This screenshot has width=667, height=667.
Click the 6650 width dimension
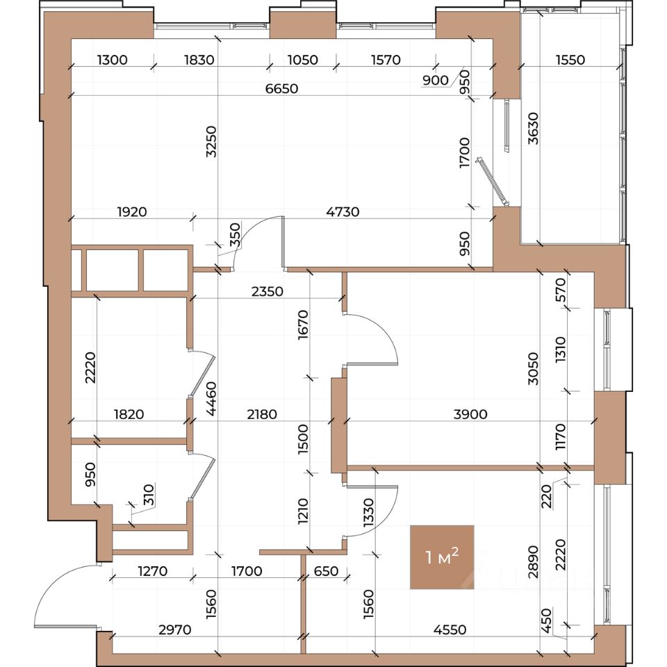pos(281,88)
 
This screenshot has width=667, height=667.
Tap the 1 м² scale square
pos(442,557)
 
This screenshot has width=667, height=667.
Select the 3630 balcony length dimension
pos(533,129)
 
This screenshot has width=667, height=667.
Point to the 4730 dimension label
pos(343,211)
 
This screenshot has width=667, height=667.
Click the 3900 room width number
pos(470,414)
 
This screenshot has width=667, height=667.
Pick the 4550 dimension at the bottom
pos(450,629)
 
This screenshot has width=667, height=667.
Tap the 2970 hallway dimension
pos(175,629)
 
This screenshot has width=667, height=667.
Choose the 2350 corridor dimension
pos(267,291)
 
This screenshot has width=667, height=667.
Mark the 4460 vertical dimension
pos(211,399)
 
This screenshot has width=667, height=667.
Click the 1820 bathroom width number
pos(129,414)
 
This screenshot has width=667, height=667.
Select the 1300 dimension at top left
pos(113,60)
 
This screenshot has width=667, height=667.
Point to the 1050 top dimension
pos(303,60)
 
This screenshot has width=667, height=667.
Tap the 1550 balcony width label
pos(570,60)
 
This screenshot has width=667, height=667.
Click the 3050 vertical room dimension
pos(533,368)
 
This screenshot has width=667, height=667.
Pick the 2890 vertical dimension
pos(533,562)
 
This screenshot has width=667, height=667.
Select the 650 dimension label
pos(326,571)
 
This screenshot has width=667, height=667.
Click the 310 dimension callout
pos(149,494)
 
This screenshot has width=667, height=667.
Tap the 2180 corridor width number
pos(262,414)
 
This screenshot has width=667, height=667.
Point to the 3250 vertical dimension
pos(211,142)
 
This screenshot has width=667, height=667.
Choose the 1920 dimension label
pos(132,211)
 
